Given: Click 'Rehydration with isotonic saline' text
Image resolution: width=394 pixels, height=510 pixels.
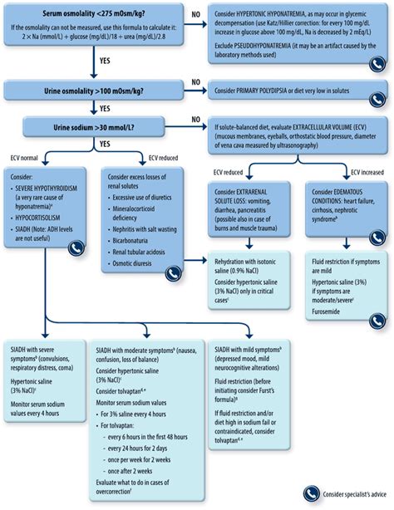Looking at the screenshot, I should click(x=249, y=259).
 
